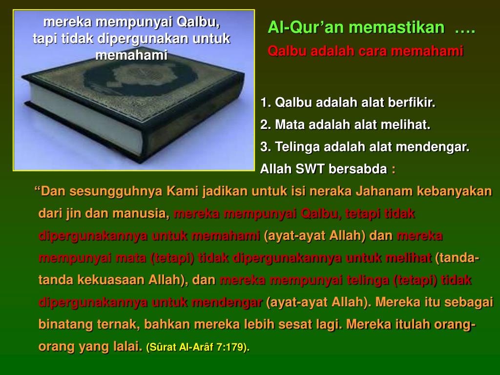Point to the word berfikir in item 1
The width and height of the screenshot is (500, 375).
point(412,103)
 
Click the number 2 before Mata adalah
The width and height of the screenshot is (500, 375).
point(264,125)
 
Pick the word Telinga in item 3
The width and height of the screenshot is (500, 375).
point(298,147)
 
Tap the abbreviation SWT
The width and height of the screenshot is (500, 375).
point(311,169)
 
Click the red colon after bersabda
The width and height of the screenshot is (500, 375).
point(394,170)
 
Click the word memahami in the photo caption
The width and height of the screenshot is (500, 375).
point(131,55)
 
